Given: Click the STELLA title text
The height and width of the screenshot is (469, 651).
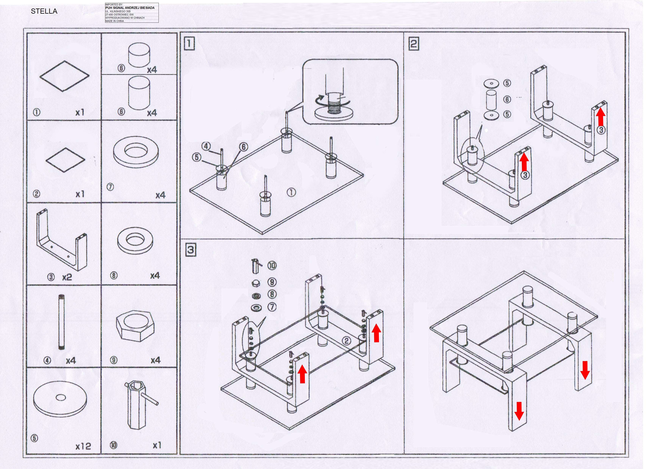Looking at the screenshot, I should click(x=44, y=11).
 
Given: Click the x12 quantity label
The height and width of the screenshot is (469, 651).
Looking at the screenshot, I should click(x=83, y=446).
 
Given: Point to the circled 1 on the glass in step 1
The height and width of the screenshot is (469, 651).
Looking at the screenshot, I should click(x=291, y=192).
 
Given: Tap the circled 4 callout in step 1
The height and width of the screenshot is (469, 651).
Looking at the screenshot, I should click(x=206, y=146).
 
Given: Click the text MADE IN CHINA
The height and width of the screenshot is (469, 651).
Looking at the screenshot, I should click(x=115, y=21).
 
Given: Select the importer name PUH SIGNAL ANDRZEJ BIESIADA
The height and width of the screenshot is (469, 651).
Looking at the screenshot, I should click(x=130, y=8).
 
